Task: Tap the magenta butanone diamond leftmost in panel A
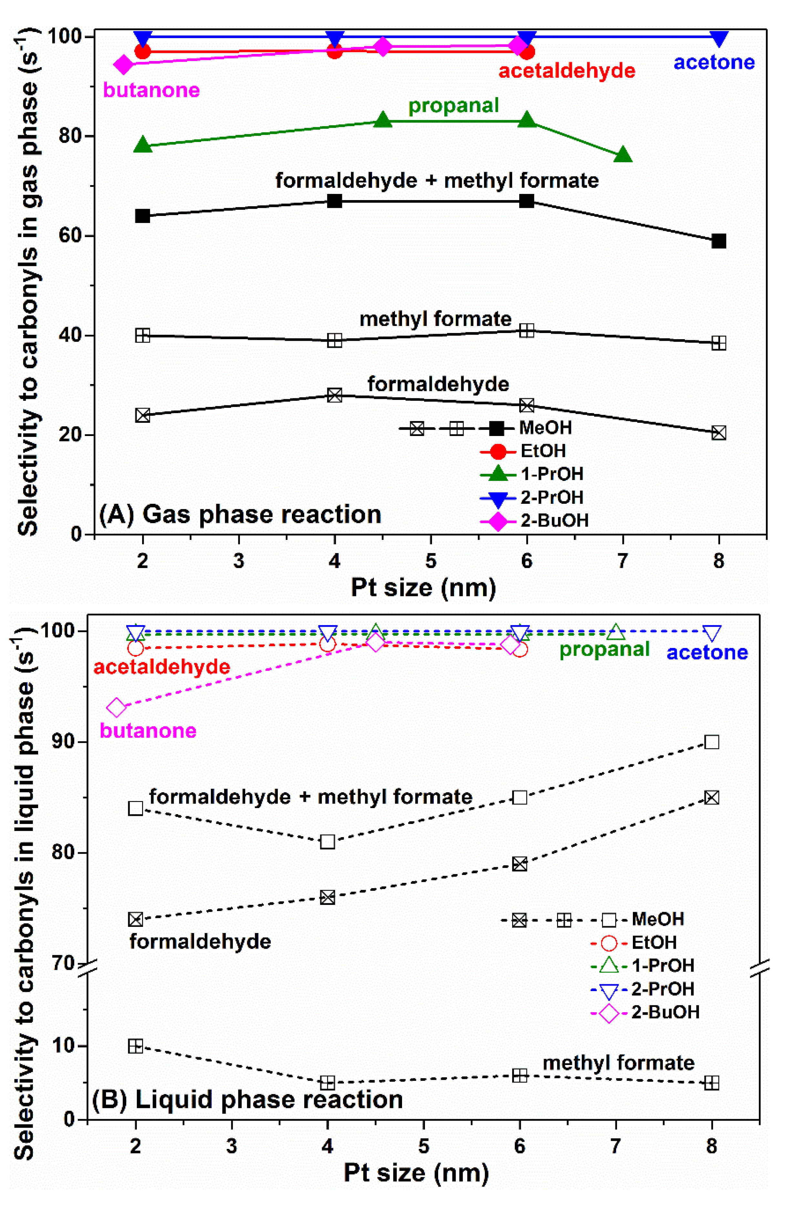tap(123, 65)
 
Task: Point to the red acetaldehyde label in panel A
tap(566, 71)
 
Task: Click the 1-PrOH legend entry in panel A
tap(533, 474)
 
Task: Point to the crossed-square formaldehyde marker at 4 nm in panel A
tap(335, 395)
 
